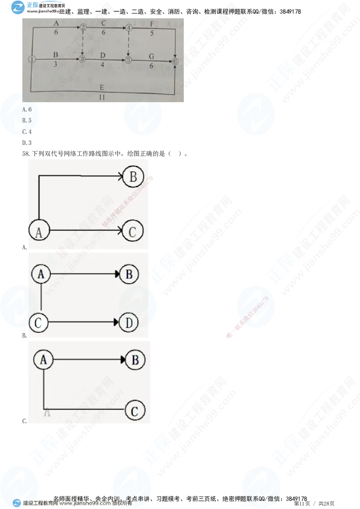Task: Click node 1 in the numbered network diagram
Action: click(x=31, y=59)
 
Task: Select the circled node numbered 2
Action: click(x=83, y=27)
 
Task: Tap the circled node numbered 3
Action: click(x=82, y=59)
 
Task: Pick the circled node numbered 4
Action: click(x=129, y=28)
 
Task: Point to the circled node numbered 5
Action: click(x=128, y=59)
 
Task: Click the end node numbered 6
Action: click(x=175, y=61)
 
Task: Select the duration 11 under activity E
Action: click(x=103, y=96)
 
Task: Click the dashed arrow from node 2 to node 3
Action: click(x=83, y=43)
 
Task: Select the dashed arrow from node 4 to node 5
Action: click(x=129, y=43)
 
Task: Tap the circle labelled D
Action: click(x=129, y=323)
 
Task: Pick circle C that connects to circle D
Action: click(x=39, y=323)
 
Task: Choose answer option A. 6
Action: click(x=27, y=110)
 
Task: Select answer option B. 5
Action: click(x=27, y=121)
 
